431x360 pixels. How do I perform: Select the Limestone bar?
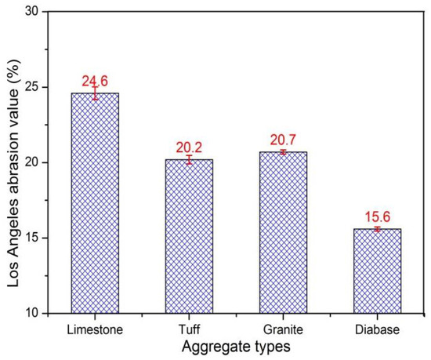click(x=95, y=203)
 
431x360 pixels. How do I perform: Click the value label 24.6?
click(x=95, y=80)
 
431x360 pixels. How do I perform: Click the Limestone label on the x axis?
click(x=95, y=329)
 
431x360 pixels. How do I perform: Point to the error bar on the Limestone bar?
click(x=95, y=93)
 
